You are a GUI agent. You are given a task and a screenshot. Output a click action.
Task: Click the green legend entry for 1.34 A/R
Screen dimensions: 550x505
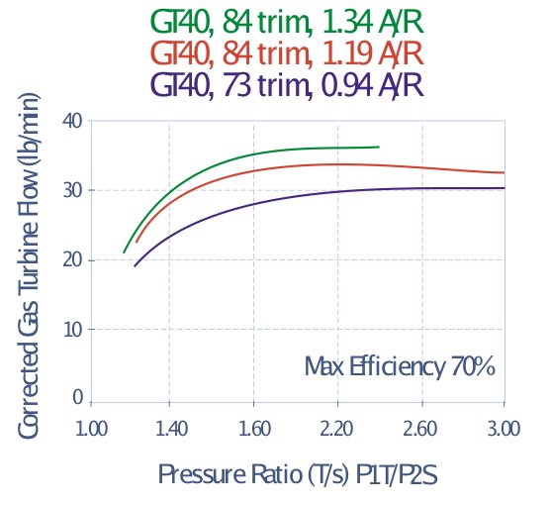[x=287, y=23]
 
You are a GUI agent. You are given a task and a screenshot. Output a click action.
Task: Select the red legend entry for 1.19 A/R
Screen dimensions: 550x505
[x=287, y=53]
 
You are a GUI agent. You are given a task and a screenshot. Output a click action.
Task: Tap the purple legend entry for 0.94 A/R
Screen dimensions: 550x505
[x=287, y=85]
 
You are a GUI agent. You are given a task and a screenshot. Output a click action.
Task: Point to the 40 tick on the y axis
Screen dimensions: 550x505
[x=72, y=122]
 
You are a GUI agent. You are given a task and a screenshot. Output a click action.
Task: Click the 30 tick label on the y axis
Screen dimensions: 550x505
[x=72, y=191]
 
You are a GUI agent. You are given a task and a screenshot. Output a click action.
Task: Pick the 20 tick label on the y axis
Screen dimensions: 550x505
[x=72, y=260]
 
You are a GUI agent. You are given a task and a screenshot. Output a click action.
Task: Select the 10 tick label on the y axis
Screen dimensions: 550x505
[x=72, y=330]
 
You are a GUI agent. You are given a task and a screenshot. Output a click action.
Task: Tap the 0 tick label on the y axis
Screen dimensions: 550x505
[x=77, y=397]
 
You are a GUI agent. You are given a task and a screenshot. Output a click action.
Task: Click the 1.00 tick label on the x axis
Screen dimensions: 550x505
[x=91, y=429]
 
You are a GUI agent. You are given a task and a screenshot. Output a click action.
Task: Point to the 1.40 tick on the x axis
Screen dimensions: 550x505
[x=171, y=429]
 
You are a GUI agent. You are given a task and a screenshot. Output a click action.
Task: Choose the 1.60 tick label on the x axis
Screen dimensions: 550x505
[x=254, y=429]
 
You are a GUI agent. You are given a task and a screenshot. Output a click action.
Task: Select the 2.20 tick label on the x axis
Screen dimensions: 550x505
[x=336, y=429]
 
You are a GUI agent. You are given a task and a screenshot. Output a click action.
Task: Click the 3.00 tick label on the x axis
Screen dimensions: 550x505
[x=504, y=429]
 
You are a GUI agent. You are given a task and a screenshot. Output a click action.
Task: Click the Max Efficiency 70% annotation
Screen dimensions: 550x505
[x=400, y=367]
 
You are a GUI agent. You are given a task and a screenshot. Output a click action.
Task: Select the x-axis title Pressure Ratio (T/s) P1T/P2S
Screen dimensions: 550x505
[x=298, y=475]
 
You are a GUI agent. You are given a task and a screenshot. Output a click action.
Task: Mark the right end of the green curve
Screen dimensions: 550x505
[x=379, y=147]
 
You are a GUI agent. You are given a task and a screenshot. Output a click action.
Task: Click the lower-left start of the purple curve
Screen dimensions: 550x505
[x=135, y=265]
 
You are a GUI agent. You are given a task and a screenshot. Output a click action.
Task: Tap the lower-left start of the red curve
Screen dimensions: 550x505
[x=137, y=242]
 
